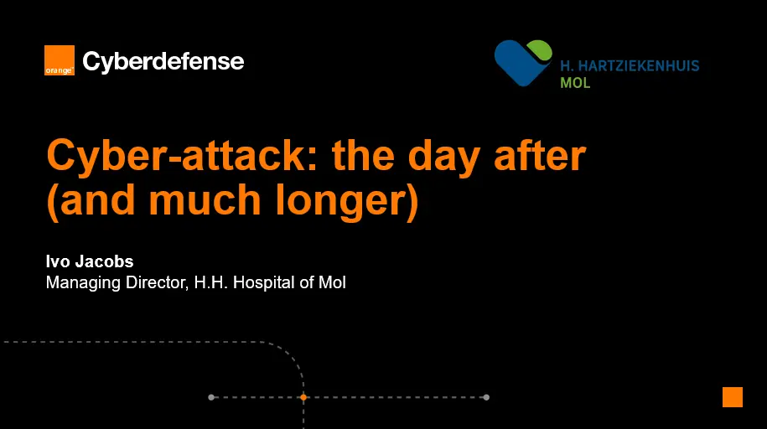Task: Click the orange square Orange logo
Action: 60,60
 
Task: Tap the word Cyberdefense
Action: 163,62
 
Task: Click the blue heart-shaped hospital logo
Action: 519,64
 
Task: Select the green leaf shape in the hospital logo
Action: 540,50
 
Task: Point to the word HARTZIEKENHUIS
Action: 639,66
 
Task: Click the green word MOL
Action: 575,83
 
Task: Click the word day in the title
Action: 443,157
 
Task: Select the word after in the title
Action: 540,155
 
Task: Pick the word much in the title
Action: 205,199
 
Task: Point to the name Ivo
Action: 58,261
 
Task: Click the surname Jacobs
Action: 104,261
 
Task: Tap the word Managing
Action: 83,283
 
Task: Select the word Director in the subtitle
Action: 157,282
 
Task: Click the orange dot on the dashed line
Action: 303,397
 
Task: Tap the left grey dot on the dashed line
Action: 211,397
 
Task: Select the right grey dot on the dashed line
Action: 486,397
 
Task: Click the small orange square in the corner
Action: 733,397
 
